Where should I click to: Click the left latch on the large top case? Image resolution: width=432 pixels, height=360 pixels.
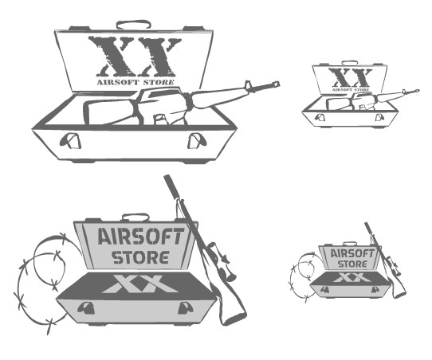tap(70, 141)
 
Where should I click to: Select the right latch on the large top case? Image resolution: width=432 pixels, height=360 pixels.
tap(197, 141)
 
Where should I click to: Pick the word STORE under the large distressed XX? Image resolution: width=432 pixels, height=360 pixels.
tap(159, 82)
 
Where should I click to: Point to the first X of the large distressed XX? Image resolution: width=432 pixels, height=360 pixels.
tap(112, 57)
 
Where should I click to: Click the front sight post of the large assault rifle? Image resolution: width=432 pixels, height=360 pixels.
tap(247, 85)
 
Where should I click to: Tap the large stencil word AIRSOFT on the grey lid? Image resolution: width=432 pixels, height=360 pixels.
tap(141, 237)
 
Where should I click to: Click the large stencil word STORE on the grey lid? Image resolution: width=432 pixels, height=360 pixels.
tap(140, 257)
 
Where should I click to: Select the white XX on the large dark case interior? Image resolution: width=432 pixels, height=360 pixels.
tap(140, 284)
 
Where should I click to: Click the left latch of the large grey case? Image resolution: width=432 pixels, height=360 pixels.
tap(86, 308)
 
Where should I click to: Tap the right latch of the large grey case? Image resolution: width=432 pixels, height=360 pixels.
tap(186, 308)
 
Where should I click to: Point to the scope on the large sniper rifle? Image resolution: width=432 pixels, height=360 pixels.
tap(221, 261)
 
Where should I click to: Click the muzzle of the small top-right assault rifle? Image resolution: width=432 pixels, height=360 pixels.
tap(418, 91)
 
